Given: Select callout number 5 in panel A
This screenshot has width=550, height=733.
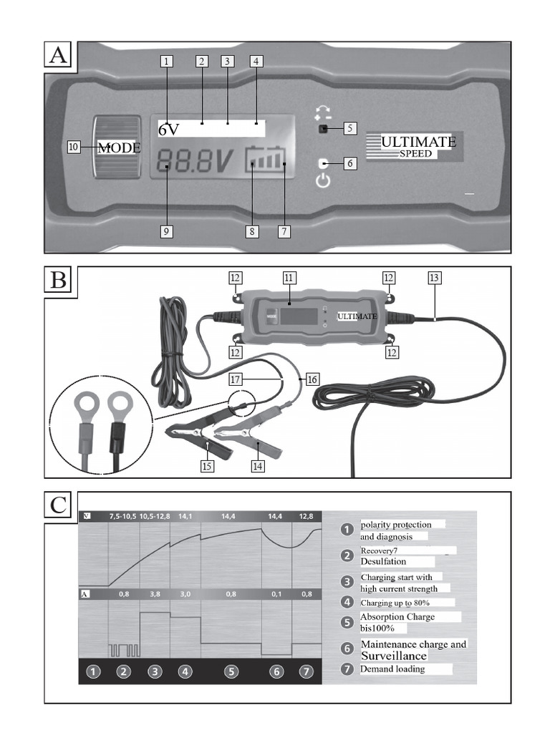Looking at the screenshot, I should click(x=349, y=129).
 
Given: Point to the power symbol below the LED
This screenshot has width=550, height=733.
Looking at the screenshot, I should click(x=324, y=180).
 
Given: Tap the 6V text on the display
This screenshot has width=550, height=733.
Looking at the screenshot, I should click(x=169, y=130).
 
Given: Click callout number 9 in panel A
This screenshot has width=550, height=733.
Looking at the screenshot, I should click(x=167, y=232).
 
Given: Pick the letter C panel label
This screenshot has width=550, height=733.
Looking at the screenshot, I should click(x=60, y=506).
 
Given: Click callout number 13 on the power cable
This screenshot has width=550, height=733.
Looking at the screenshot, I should click(x=434, y=277).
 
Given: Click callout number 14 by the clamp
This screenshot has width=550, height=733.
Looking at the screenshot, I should click(x=259, y=466).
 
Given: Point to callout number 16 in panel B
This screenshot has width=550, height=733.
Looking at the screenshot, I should click(x=312, y=379).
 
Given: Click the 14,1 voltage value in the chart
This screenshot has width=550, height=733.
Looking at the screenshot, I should click(x=185, y=515).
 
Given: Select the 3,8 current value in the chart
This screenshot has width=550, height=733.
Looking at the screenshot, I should click(x=155, y=594).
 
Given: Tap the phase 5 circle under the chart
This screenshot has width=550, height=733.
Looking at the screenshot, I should click(x=231, y=671).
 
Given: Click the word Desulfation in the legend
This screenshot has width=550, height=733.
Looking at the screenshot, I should click(x=383, y=562).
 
